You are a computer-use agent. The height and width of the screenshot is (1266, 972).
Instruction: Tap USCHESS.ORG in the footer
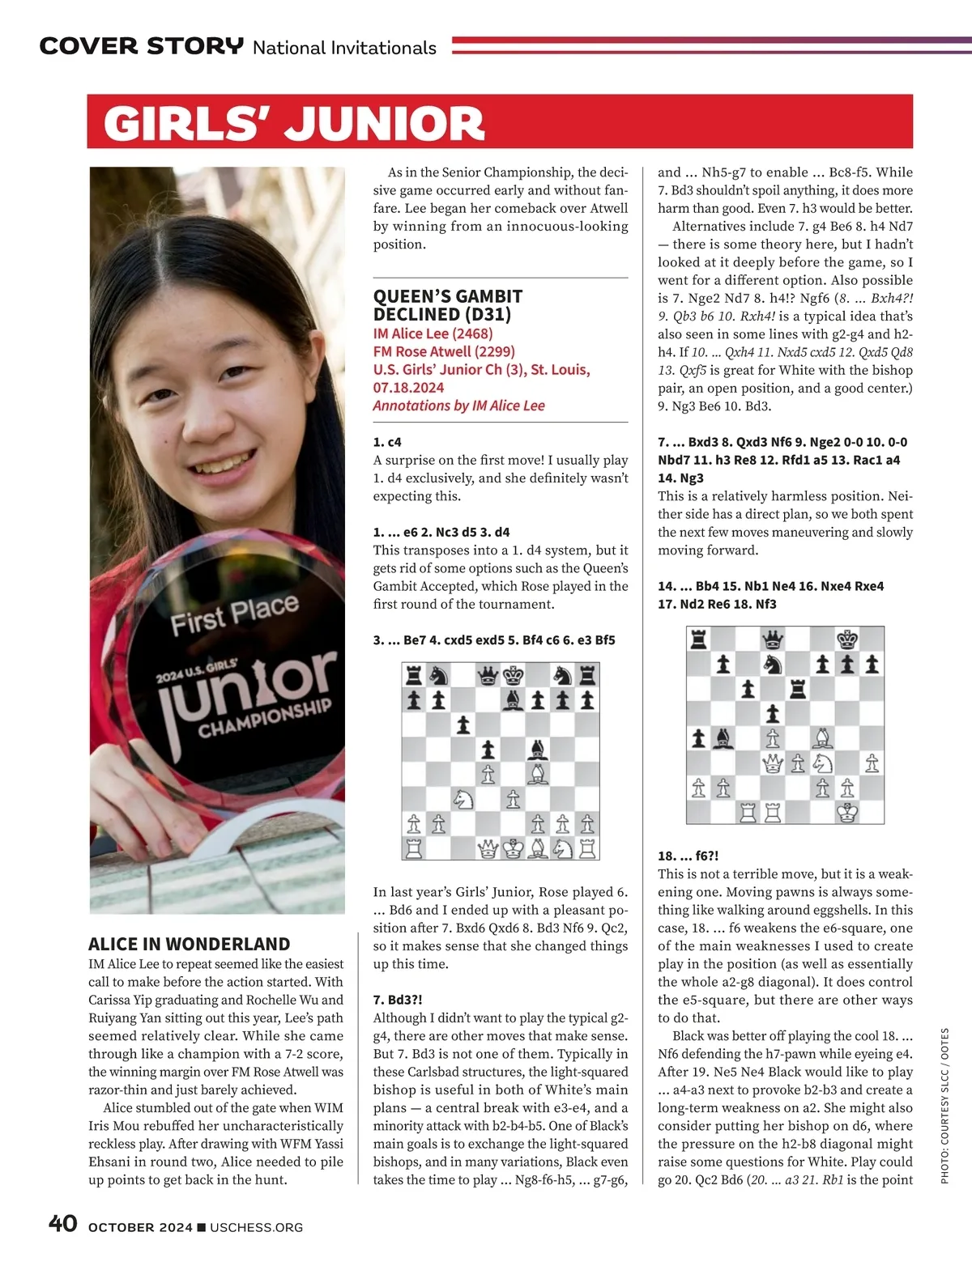point(256,1227)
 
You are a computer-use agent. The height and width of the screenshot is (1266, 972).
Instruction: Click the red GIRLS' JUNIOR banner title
point(294,123)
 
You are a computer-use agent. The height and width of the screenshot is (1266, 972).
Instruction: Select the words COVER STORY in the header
point(141,46)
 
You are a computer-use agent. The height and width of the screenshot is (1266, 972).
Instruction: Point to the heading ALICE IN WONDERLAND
point(189,944)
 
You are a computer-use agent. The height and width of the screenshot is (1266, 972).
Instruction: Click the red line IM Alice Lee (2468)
point(433,333)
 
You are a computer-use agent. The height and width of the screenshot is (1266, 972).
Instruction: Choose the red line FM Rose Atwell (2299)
point(444,351)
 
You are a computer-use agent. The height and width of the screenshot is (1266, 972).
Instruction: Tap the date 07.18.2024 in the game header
point(408,388)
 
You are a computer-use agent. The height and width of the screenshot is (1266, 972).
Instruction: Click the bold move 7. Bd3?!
point(398,1000)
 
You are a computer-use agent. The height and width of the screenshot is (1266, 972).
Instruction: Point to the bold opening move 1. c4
point(387,442)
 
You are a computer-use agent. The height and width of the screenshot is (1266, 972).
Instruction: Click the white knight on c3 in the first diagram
point(463,799)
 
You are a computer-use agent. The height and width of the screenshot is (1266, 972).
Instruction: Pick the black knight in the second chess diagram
point(774,665)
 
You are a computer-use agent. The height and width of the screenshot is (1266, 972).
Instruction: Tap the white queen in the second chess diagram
point(774,763)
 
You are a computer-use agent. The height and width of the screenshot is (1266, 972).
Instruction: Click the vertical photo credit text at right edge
point(944,1105)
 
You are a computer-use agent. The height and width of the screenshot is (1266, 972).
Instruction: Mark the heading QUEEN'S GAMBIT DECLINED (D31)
point(448,305)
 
